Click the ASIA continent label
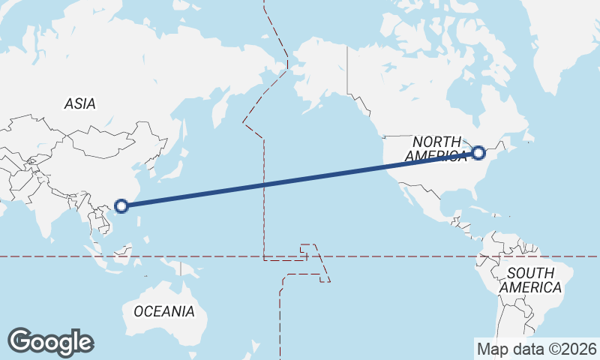click(x=79, y=104)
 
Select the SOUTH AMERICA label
click(x=530, y=280)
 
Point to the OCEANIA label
click(x=164, y=310)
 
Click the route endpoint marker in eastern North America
click(x=479, y=154)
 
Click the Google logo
click(x=50, y=342)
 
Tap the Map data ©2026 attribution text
click(x=537, y=349)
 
